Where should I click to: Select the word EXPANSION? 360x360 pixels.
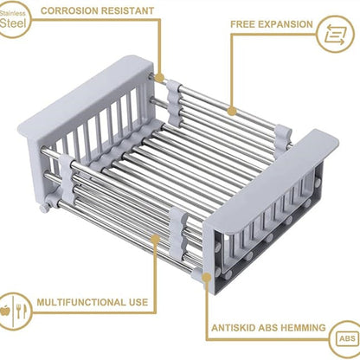[x=285, y=24]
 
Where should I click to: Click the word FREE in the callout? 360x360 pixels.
[x=242, y=24]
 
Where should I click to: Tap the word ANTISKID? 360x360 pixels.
[x=233, y=328]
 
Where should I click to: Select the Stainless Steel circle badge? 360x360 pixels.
[x=12, y=20]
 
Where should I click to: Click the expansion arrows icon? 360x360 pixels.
[x=335, y=35]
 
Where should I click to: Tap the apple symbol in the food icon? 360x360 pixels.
[x=5, y=311]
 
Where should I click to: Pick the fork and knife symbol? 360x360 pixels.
[x=21, y=311]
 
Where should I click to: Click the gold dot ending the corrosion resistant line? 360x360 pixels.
[x=159, y=78]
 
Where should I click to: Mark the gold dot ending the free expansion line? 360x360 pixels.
[x=232, y=111]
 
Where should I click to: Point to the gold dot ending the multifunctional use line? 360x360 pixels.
[x=156, y=239]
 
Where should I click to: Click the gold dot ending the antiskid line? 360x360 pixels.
[x=207, y=278]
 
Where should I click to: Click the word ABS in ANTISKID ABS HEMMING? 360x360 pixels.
[x=268, y=328]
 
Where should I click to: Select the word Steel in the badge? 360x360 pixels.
[x=13, y=23]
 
